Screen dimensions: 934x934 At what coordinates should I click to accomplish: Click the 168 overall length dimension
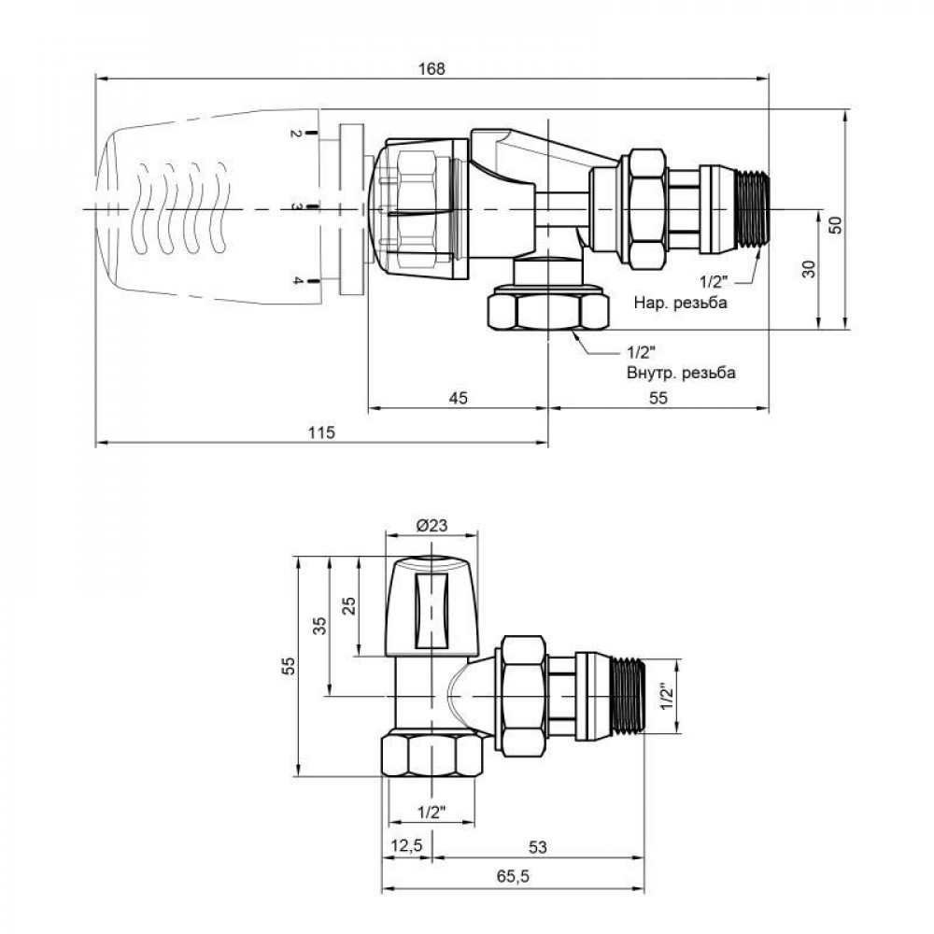pos(432,68)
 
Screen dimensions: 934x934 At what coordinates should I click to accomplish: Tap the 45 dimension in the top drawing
pos(458,398)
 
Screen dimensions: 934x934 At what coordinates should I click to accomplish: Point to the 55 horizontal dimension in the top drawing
pos(658,398)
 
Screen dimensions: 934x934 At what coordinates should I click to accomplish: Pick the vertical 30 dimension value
pos(810,269)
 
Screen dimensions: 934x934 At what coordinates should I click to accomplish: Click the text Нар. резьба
pos(680,304)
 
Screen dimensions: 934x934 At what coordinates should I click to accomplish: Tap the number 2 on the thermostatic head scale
pos(294,135)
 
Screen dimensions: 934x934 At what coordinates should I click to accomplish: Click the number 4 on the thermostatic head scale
pos(294,281)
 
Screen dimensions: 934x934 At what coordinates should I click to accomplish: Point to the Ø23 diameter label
pos(432,526)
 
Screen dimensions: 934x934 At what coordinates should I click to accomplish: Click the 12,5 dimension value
pos(406,846)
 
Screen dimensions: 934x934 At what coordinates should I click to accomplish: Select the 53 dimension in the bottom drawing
pos(537,846)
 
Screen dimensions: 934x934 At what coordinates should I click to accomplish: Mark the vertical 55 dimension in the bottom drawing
pos(289,666)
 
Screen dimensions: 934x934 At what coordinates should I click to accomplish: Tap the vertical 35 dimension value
pos(319,626)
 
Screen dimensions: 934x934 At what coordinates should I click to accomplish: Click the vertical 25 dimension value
pos(349,605)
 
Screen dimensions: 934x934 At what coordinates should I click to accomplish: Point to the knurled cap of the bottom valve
pos(432,605)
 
